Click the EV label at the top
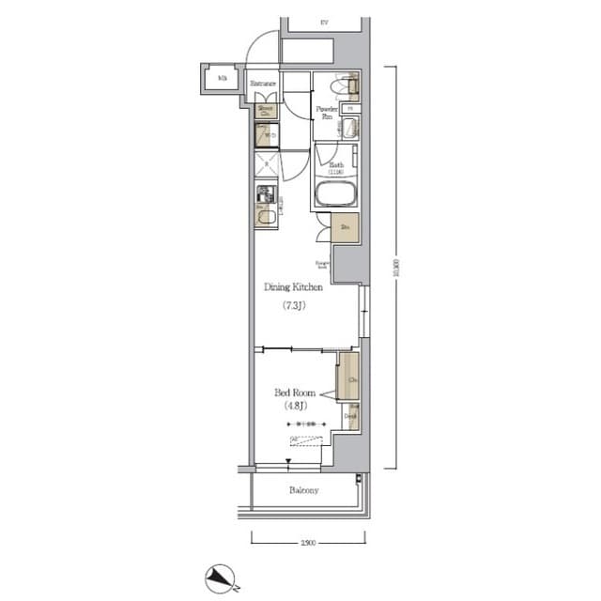point(324,22)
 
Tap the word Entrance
point(264,85)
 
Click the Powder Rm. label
point(326,113)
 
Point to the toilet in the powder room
point(350,86)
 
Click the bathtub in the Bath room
point(335,196)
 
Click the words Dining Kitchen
point(299,287)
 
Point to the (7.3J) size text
point(300,307)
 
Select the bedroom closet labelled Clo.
point(348,379)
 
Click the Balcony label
point(303,490)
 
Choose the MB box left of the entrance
point(223,79)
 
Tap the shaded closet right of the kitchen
point(345,228)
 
